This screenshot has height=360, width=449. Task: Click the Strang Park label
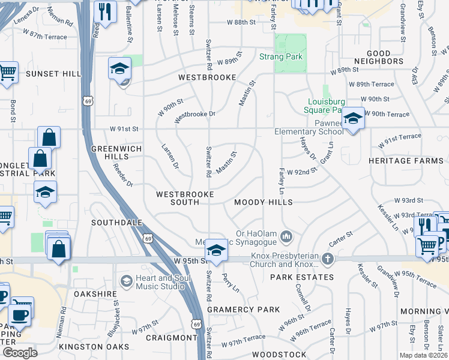pyautogui.click(x=280, y=58)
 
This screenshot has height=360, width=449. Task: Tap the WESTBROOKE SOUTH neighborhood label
pyautogui.click(x=177, y=199)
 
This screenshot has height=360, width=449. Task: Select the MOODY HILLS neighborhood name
pyautogui.click(x=264, y=203)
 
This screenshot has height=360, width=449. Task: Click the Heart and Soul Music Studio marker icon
pyautogui.click(x=126, y=281)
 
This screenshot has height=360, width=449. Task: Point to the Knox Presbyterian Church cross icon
pyautogui.click(x=327, y=259)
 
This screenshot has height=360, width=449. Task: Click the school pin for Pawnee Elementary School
pyautogui.click(x=354, y=118)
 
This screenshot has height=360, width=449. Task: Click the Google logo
pyautogui.click(x=20, y=352)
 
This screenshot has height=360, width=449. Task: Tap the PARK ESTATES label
pyautogui.click(x=301, y=277)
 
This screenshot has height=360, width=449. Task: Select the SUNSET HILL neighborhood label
pyautogui.click(x=53, y=74)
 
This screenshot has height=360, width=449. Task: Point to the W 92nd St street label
pyautogui.click(x=301, y=172)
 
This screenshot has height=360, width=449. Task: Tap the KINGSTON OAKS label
pyautogui.click(x=94, y=347)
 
